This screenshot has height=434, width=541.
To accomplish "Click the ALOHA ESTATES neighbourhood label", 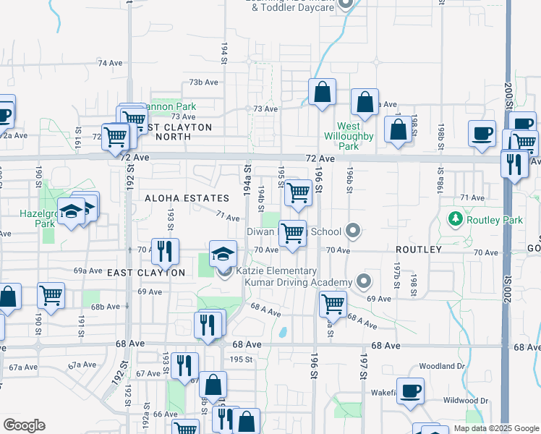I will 187,198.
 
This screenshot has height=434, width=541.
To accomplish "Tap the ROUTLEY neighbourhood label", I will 418,250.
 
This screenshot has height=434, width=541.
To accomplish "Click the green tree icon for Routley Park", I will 456,218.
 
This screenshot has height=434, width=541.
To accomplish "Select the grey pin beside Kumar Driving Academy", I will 364,281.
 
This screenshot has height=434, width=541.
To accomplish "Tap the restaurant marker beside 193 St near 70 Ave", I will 166,251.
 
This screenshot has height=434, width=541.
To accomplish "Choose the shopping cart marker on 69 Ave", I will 332,303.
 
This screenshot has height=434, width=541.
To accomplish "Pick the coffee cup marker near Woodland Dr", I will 411,390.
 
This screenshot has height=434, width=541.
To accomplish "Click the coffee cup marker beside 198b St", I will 482,134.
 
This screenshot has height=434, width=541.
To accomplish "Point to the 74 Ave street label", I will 111,63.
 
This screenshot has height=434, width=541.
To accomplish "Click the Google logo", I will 24,425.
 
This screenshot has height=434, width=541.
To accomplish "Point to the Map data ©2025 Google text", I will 496,428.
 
